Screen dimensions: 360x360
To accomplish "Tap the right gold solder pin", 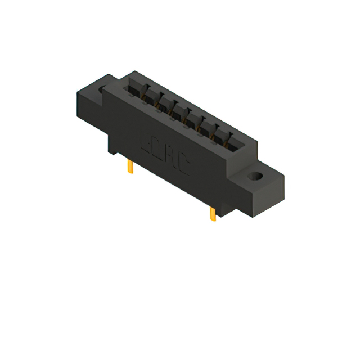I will [x=213, y=214].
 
